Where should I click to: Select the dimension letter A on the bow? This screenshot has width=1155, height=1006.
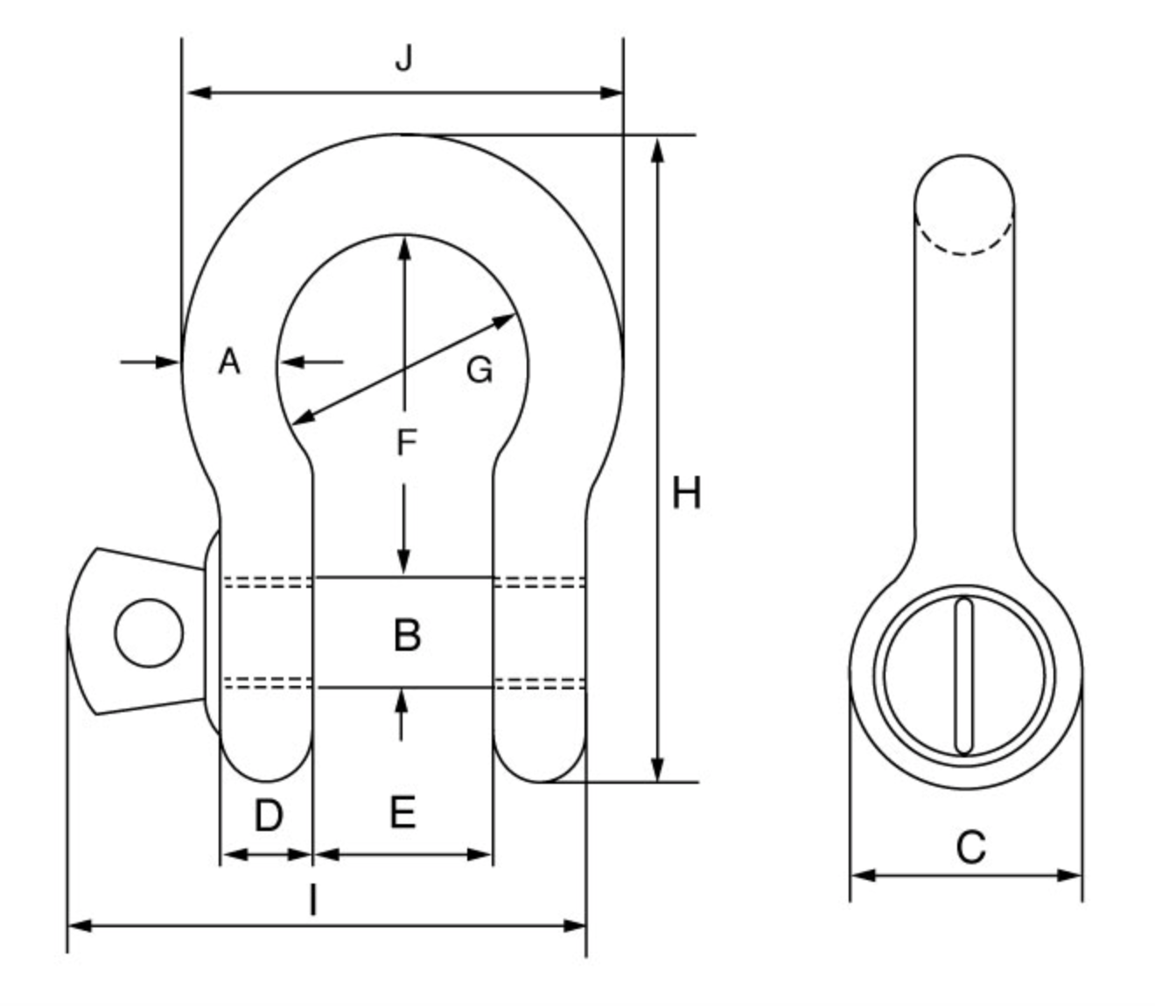[228, 360]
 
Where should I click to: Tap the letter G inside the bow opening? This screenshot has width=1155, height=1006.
[479, 370]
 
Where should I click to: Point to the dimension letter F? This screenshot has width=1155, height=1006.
[404, 443]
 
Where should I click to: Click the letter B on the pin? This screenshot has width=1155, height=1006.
[407, 634]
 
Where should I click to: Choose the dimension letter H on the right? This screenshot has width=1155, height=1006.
[686, 494]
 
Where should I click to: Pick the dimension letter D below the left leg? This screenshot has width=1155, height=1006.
[268, 815]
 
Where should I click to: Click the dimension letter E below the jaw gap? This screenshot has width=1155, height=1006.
[402, 813]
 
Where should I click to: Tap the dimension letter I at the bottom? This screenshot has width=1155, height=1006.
[312, 900]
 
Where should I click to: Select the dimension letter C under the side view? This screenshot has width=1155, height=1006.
[970, 848]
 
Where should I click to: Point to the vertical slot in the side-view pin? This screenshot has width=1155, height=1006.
[964, 674]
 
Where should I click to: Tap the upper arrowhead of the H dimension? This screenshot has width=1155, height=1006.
[658, 149]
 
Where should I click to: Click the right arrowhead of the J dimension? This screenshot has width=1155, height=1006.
[612, 92]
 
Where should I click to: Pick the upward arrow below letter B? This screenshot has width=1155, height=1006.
[402, 700]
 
